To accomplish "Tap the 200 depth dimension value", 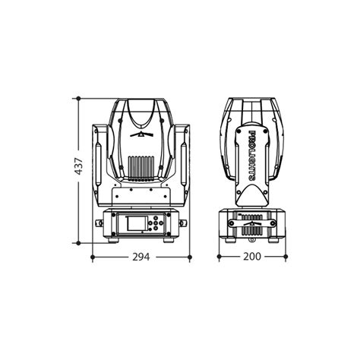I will pyautogui.click(x=252, y=257).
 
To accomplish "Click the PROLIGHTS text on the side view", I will pyautogui.click(x=252, y=156).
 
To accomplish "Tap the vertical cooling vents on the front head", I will pyautogui.click(x=142, y=166).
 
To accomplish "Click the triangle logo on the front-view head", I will pyautogui.click(x=142, y=135).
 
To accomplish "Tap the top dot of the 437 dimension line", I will pyautogui.click(x=78, y=98).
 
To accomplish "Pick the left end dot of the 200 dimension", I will pyautogui.click(x=219, y=257).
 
